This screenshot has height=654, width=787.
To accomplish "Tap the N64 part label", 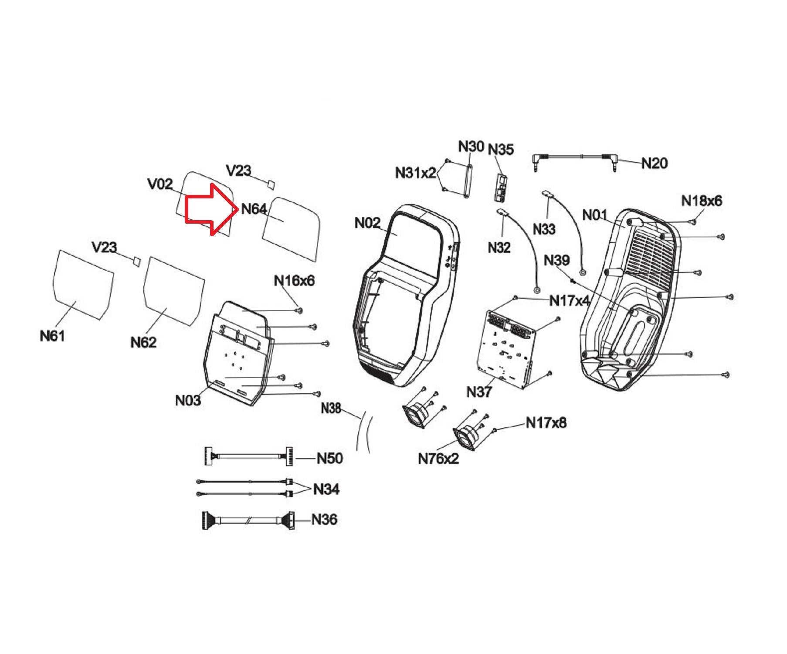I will click(x=254, y=209).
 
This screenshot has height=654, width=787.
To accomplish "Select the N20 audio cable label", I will click(x=654, y=163).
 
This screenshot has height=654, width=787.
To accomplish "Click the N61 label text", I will click(x=52, y=336).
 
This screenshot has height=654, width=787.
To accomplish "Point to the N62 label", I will click(x=143, y=342).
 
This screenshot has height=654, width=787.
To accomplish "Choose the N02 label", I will click(x=367, y=223).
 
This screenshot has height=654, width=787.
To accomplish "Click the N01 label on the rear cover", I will click(x=595, y=215).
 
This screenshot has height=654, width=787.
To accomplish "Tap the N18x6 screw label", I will click(x=702, y=201).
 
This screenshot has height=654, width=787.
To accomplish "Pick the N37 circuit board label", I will click(x=479, y=392).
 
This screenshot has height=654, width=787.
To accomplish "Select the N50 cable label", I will click(x=330, y=458).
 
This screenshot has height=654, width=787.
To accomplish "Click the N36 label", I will click(x=325, y=519).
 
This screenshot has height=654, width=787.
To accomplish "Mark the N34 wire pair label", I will click(x=326, y=489).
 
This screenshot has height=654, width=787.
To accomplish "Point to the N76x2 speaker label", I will click(x=438, y=459).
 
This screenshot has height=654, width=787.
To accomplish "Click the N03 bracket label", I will click(x=188, y=400).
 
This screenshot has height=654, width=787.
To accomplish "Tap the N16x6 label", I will click(x=294, y=281).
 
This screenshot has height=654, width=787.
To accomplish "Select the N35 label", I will click(x=501, y=150).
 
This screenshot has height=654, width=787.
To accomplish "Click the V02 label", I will click(x=160, y=184).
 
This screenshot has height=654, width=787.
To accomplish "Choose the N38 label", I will click(x=331, y=409).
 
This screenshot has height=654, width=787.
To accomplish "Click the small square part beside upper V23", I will click(x=271, y=184).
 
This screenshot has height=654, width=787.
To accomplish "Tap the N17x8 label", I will click(x=546, y=422).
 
